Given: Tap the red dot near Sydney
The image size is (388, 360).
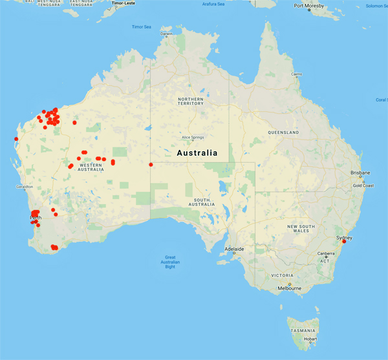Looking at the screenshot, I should pos(344,242).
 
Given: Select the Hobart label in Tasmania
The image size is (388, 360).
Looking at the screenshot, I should pos(310,338).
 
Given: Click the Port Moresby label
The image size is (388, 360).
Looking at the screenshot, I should pos(308,6).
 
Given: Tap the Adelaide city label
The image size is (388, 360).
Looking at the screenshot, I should pos(234,249).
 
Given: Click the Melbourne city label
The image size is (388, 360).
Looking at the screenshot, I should pos(289,288).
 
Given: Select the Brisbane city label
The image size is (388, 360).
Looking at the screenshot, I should pos(360,173).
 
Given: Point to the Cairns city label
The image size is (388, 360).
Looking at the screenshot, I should pos(296,74).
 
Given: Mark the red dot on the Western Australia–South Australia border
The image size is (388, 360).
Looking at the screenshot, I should pos(151,164).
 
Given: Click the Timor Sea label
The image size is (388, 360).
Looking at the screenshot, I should pos(141,27).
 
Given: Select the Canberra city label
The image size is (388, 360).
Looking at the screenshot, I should pos(326,253).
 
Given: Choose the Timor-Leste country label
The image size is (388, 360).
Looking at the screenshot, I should pos(125,3).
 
